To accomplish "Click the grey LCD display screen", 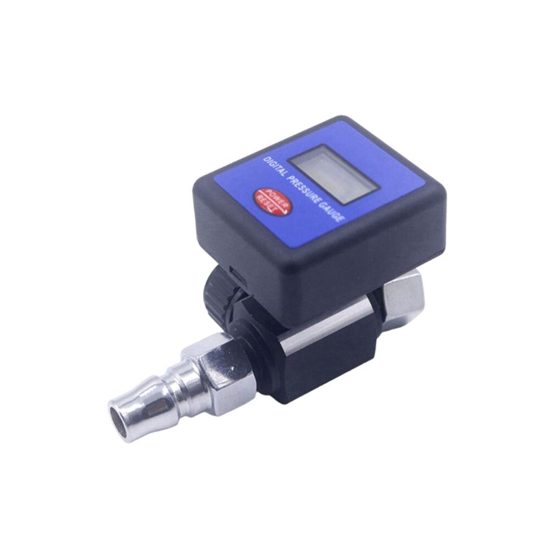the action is click(x=334, y=174).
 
